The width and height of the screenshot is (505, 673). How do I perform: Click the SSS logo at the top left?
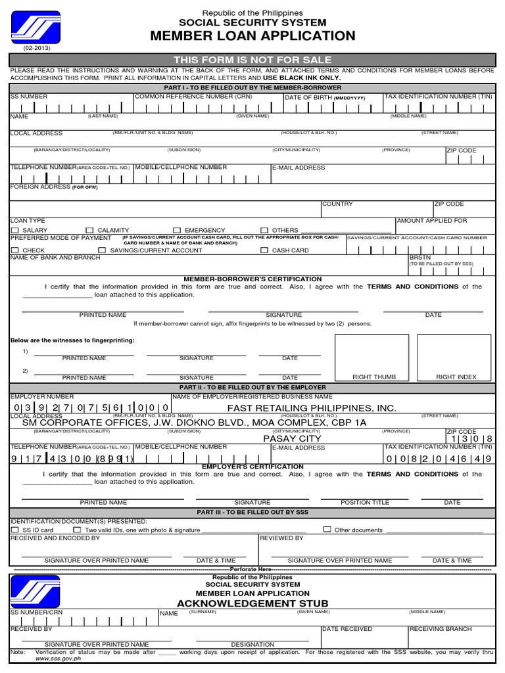36,28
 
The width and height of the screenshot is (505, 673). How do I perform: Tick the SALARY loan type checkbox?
14,231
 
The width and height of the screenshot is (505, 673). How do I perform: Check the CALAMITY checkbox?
89,231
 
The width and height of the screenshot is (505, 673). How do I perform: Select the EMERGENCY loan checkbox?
176,231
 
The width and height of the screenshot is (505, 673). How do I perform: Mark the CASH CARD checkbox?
264,250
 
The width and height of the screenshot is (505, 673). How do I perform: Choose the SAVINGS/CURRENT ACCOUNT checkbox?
102,250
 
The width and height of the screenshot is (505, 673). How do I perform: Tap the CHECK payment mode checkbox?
14,250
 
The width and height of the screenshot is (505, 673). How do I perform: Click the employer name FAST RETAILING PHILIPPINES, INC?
312,408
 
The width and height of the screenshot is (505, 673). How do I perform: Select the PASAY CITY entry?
292,438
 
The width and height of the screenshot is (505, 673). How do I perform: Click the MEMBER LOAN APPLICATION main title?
252,36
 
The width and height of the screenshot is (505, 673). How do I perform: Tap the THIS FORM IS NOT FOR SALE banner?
252,60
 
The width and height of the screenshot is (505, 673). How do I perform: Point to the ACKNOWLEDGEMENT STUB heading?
252,603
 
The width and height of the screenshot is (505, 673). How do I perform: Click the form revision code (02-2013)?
36,49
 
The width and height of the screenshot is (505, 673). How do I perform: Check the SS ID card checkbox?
14,530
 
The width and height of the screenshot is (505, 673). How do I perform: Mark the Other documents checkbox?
327,530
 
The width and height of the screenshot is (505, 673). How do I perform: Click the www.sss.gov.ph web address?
58,659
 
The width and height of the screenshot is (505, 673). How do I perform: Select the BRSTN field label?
420,258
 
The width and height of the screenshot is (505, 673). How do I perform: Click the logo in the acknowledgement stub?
36,591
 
